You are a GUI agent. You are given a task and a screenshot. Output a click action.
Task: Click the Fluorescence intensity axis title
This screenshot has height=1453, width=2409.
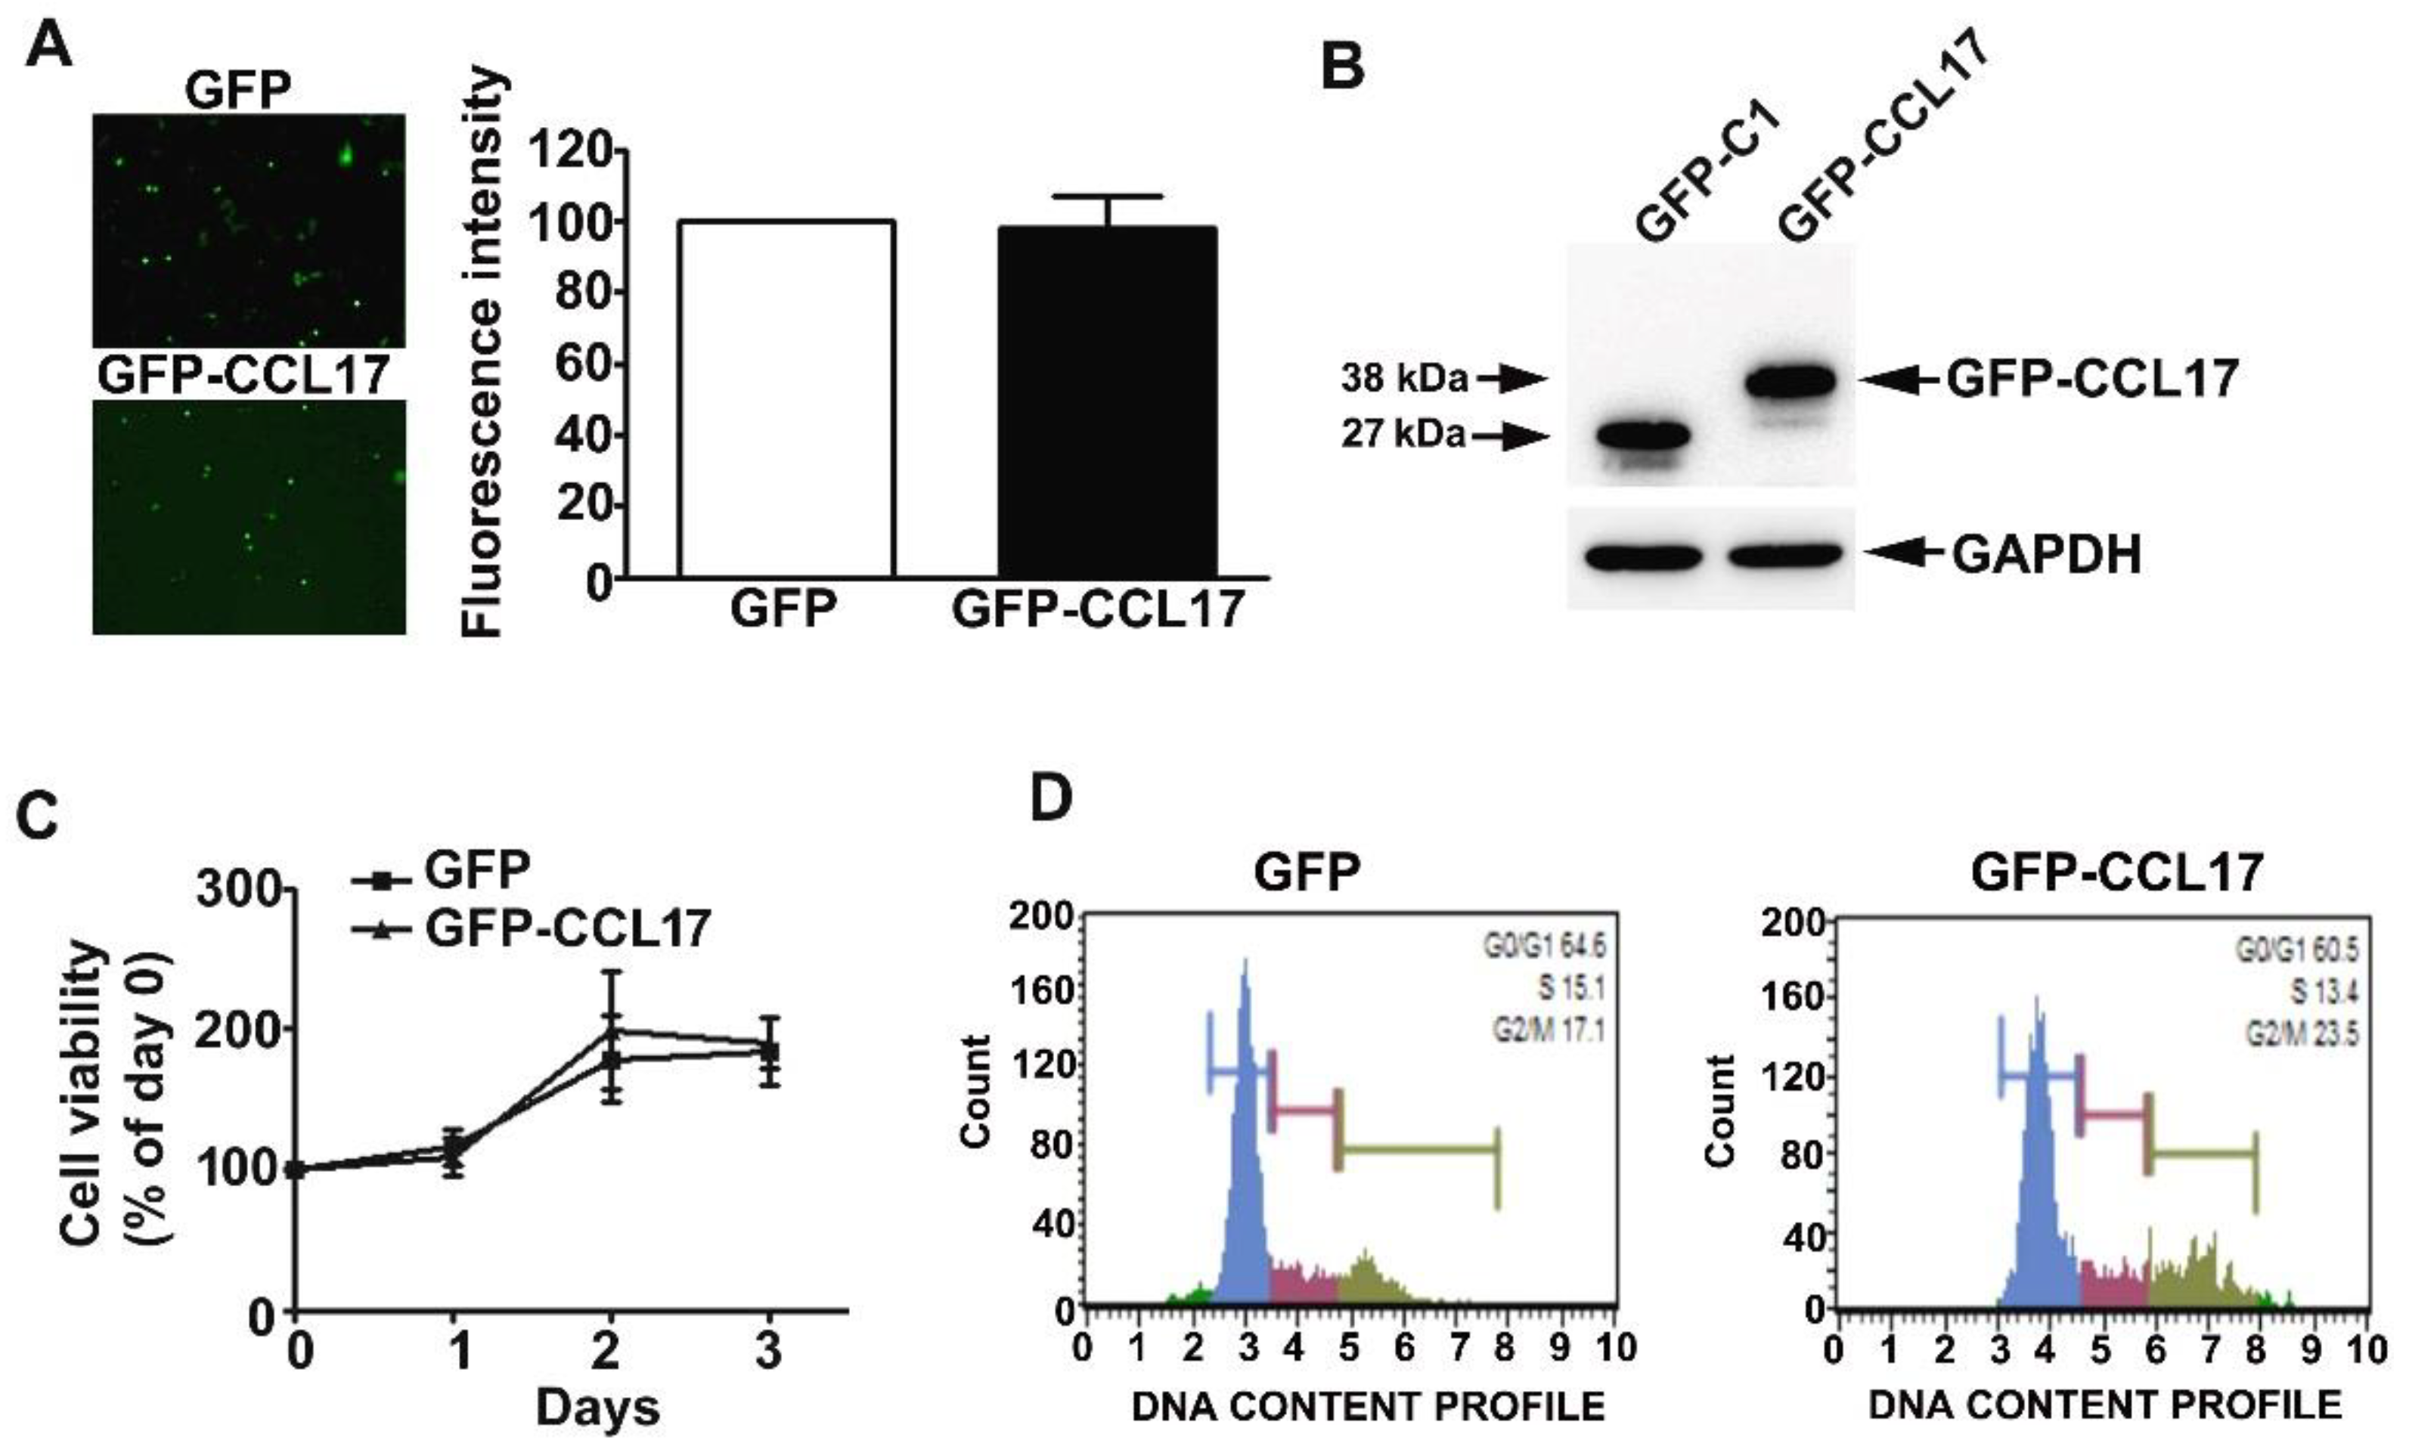(482, 352)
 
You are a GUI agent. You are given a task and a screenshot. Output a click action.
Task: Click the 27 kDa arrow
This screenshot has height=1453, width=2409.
(1511, 436)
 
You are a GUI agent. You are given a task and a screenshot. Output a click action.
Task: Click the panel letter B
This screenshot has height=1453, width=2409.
(1342, 67)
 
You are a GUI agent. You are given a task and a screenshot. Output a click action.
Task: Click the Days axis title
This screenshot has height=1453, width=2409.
(597, 1408)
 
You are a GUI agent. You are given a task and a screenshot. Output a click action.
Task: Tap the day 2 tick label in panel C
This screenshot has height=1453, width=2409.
(607, 1352)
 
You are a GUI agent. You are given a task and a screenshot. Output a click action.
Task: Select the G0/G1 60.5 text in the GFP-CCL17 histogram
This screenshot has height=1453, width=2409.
(2296, 950)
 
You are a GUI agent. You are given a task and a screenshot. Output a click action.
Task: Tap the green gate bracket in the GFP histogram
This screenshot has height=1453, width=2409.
(1418, 1151)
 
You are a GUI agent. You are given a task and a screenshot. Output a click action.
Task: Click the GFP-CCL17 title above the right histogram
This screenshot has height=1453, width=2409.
(2116, 872)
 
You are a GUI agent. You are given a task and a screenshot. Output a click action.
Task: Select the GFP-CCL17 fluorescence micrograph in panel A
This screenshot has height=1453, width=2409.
(250, 516)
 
